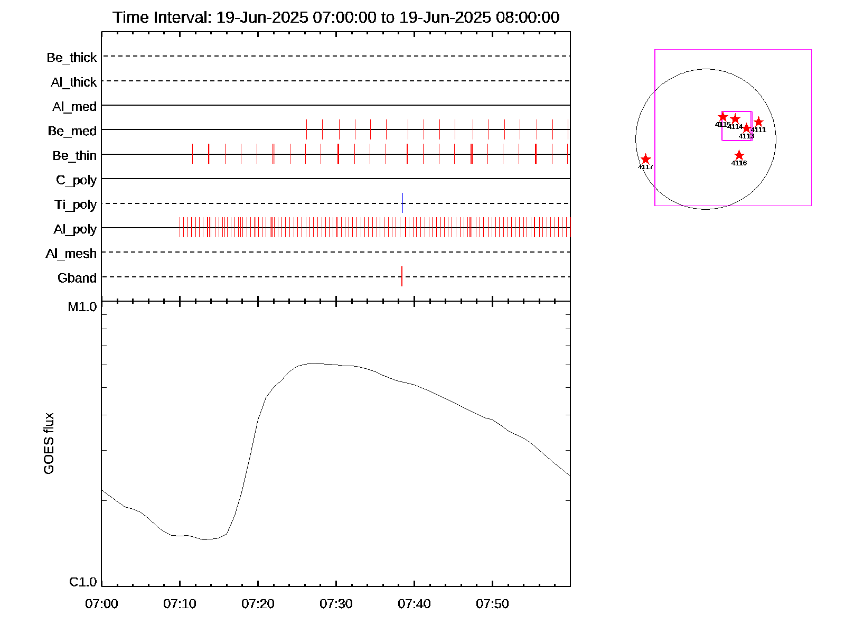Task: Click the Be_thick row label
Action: click(x=72, y=57)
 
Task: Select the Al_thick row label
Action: click(x=74, y=82)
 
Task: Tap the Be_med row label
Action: click(x=72, y=131)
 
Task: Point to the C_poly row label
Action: click(x=77, y=180)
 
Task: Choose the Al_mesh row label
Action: click(x=71, y=254)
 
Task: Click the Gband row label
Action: click(x=77, y=278)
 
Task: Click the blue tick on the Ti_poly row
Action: click(x=402, y=203)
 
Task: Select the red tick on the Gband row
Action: click(x=402, y=276)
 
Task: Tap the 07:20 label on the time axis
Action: click(x=258, y=604)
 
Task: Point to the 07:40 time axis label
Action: click(x=414, y=604)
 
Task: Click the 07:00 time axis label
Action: click(x=101, y=604)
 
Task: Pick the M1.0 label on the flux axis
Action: click(x=82, y=307)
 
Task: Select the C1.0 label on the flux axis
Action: click(x=83, y=582)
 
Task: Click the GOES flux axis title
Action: click(x=49, y=444)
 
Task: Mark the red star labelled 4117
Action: click(x=645, y=159)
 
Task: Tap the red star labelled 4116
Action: click(x=739, y=155)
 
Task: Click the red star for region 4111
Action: click(x=758, y=122)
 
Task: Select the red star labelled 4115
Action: click(x=722, y=117)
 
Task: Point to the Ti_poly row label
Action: click(x=76, y=204)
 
